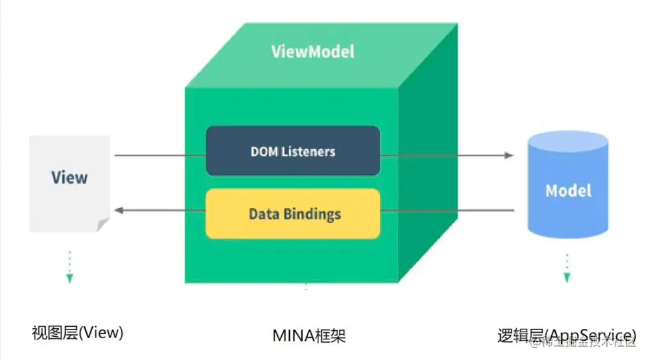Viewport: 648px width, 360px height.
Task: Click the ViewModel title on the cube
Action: pos(313,51)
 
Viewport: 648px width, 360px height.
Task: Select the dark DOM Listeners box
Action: pos(292,150)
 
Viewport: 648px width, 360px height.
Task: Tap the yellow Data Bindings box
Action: pos(292,213)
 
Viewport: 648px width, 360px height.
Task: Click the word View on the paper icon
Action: pos(70,177)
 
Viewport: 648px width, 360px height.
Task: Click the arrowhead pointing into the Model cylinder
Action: pos(509,155)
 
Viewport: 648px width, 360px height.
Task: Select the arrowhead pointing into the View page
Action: pos(119,210)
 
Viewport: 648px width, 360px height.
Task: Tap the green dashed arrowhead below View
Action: pos(69,278)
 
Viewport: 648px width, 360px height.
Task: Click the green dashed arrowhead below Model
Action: pos(567,277)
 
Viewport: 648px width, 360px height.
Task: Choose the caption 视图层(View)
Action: pos(78,333)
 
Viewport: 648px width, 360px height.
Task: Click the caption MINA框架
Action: pos(309,335)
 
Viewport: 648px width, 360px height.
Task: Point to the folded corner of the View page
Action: pos(103,225)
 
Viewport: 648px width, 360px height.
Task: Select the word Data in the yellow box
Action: pos(262,214)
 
